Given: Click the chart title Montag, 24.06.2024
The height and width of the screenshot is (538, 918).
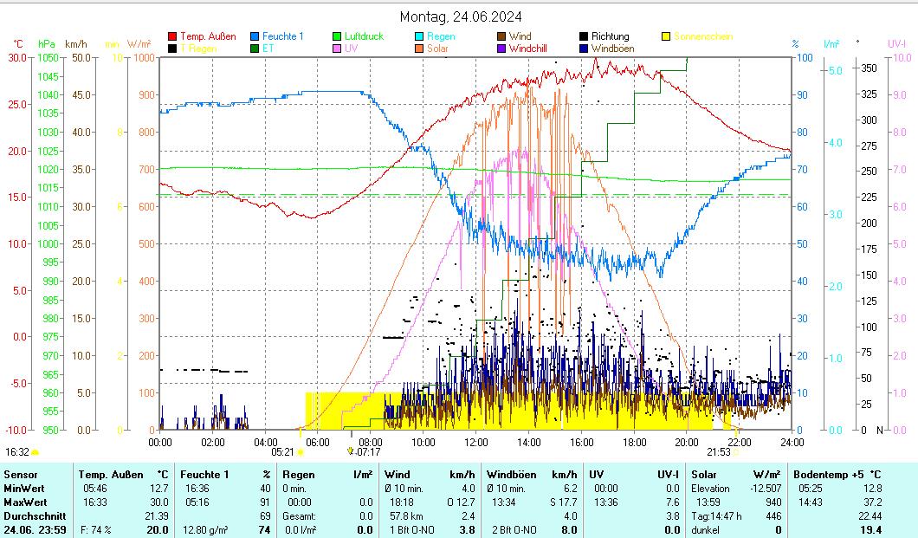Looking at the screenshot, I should point(461,16).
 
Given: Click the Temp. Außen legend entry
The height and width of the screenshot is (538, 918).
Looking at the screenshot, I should point(207,36).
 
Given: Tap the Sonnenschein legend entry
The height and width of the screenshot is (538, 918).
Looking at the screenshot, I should point(702,36).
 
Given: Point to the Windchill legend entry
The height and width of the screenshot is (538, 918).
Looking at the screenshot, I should point(534,49).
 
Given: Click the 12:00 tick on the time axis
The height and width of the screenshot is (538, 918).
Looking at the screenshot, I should point(476,442).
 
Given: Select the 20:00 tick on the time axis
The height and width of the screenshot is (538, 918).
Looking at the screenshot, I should point(687,442).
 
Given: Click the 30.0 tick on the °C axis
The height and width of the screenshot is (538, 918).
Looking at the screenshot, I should point(17,58).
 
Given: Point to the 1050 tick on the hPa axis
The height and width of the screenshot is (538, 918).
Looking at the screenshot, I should point(48,58).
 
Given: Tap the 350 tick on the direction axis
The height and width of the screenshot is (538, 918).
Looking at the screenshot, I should point(870,68).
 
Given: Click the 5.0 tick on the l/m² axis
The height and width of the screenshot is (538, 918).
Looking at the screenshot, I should point(834,70).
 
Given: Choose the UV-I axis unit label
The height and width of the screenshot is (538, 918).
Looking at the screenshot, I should point(897,43).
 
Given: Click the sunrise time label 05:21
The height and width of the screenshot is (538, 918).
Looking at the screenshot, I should point(283,452).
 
